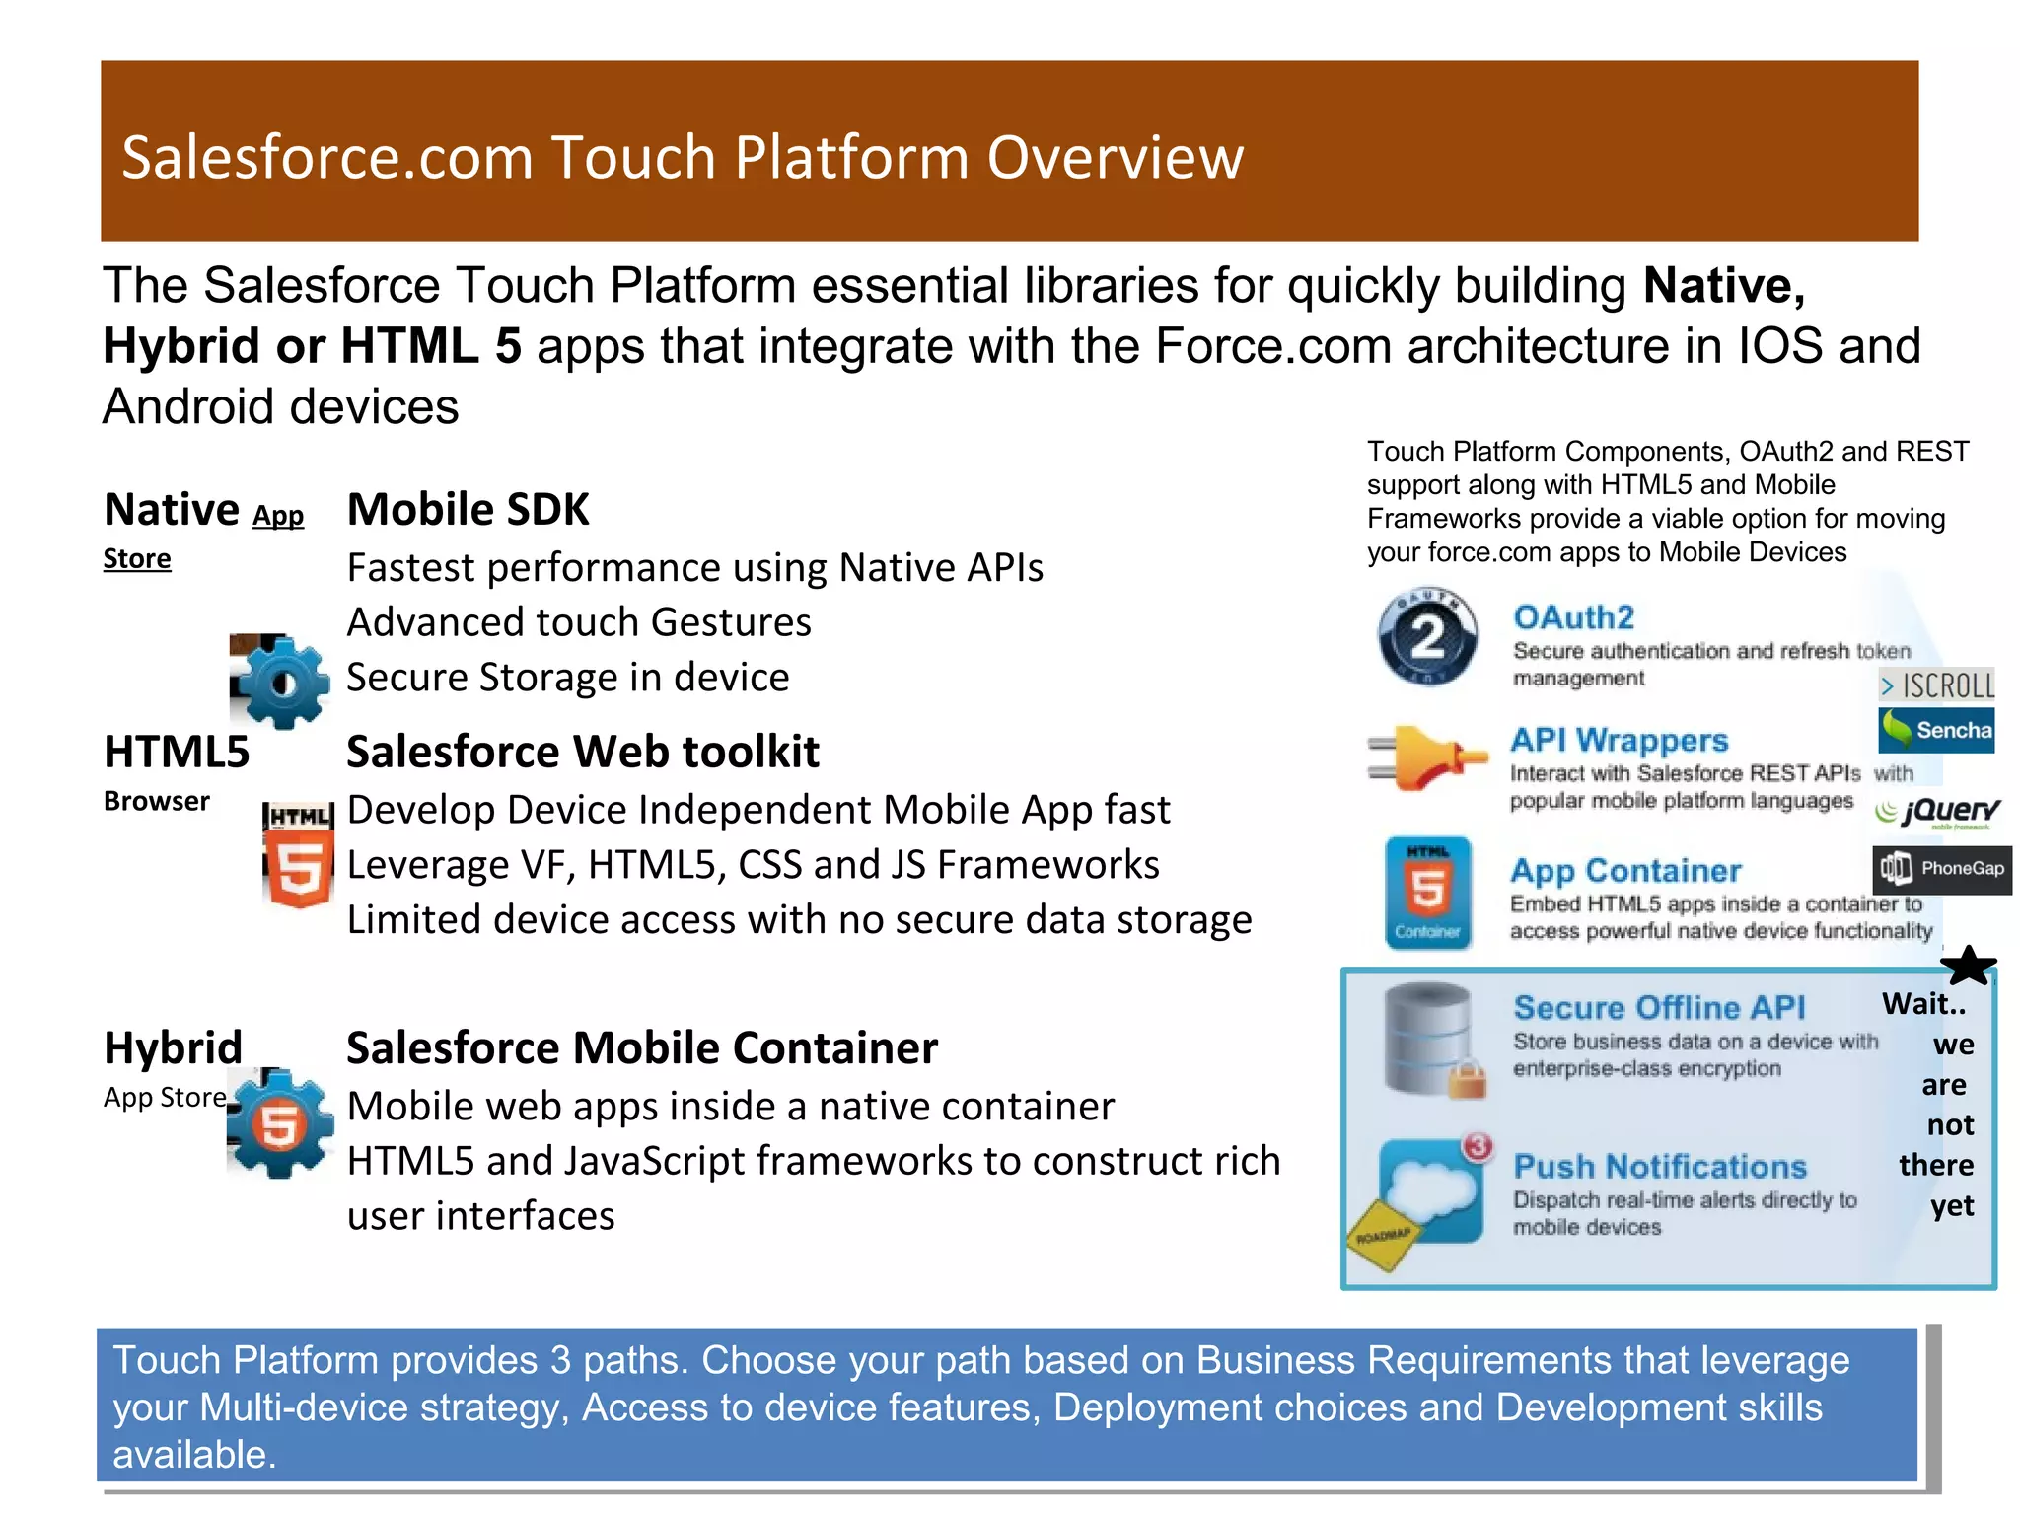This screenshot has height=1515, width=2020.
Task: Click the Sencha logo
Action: [x=1936, y=730]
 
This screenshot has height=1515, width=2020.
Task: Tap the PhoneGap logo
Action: [x=1941, y=869]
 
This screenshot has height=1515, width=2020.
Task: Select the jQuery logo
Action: [x=1937, y=812]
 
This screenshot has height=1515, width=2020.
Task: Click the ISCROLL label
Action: [x=1937, y=685]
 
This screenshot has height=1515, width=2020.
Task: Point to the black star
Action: [x=1968, y=966]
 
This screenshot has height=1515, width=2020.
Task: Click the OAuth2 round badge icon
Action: [x=1427, y=636]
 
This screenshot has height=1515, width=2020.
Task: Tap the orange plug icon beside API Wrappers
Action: [x=1426, y=757]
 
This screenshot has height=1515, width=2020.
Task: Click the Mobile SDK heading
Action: [x=468, y=510]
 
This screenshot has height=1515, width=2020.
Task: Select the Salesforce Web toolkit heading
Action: [x=582, y=752]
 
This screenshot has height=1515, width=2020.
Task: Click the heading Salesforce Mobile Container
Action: [x=641, y=1047]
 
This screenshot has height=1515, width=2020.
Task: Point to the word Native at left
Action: [x=172, y=510]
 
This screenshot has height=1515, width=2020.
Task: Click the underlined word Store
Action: [x=137, y=559]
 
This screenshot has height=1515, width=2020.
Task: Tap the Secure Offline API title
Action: [x=1659, y=1007]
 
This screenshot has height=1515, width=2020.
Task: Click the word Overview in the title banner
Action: [x=1115, y=158]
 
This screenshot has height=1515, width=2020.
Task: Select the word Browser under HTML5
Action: [x=156, y=801]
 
